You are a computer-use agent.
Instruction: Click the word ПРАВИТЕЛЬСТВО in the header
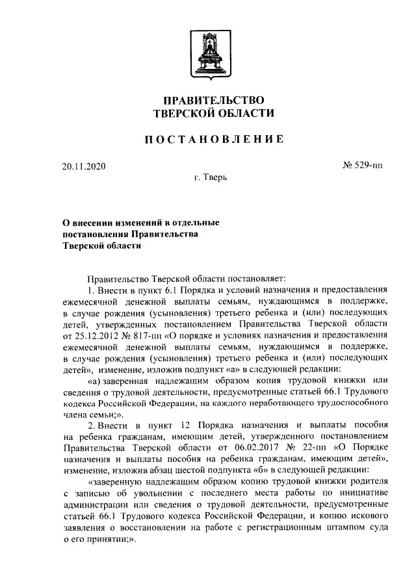click(x=213, y=100)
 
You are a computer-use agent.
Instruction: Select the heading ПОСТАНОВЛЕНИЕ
click(x=213, y=138)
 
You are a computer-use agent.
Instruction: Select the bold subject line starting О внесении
click(x=140, y=222)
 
